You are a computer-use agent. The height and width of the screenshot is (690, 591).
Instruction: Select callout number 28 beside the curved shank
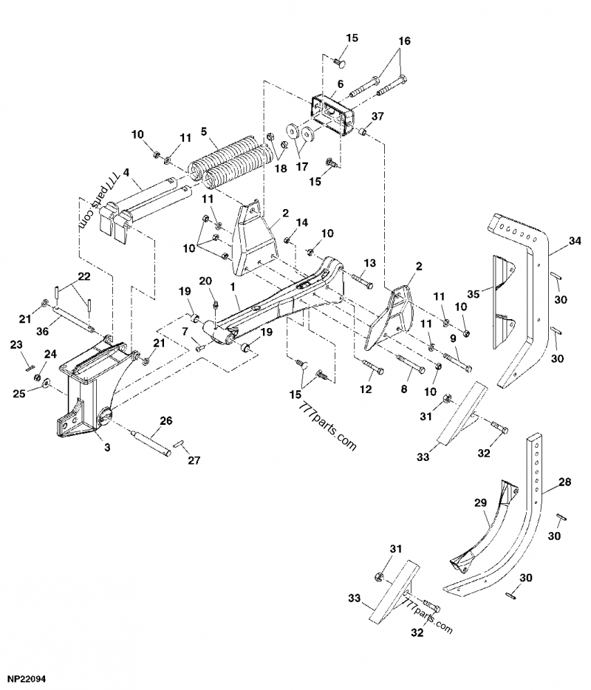[x=564, y=482]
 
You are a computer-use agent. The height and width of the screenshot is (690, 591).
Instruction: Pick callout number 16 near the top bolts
[x=403, y=41]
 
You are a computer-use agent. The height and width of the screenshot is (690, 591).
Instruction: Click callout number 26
[x=165, y=421]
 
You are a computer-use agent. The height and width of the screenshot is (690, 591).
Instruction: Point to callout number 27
[x=194, y=460]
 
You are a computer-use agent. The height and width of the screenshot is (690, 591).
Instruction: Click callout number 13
[x=369, y=264]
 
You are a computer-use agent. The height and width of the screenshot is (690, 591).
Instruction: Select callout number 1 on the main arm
[x=232, y=285]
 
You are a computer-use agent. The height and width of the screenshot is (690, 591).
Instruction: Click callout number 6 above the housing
[x=341, y=85]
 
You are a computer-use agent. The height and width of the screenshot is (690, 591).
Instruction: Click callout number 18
[x=281, y=168]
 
